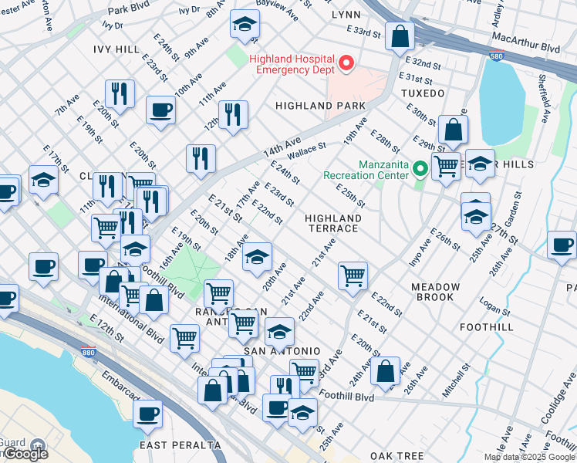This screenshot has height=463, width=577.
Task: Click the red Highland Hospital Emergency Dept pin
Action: (x=345, y=63)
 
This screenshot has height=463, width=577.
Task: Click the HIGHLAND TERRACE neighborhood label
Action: (x=332, y=224)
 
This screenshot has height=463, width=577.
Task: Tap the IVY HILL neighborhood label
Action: (x=116, y=49)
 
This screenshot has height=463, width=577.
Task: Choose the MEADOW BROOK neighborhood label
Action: (x=435, y=292)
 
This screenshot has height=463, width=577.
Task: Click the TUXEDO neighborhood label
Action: (x=423, y=93)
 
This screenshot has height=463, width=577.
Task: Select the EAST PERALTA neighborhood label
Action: (x=181, y=445)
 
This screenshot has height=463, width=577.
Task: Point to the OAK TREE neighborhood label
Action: (x=398, y=456)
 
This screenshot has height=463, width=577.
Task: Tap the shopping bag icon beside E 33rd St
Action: (x=400, y=36)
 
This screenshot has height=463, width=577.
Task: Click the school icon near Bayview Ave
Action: (x=245, y=25)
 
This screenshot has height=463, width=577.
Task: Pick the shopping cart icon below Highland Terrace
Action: (x=353, y=275)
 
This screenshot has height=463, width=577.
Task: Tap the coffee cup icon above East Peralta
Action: (x=147, y=414)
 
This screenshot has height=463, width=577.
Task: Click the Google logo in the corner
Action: (x=25, y=454)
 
